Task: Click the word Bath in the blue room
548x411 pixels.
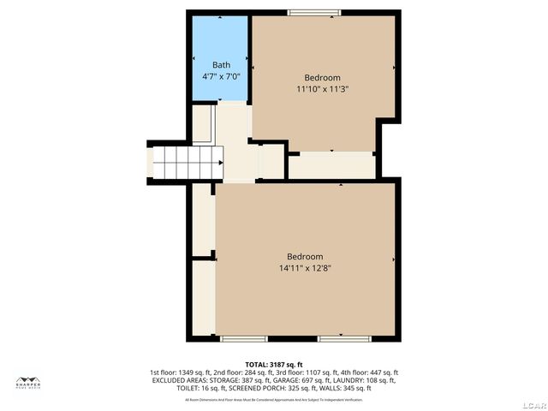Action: pyautogui.click(x=221, y=65)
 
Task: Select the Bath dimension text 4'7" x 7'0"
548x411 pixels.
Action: pyautogui.click(x=221, y=76)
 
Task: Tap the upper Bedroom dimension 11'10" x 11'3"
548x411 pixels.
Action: pyautogui.click(x=323, y=88)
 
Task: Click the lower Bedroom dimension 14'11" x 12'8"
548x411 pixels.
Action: pyautogui.click(x=305, y=268)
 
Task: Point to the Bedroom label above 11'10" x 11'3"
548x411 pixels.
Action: pyautogui.click(x=323, y=77)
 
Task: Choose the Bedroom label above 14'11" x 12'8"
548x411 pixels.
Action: pyautogui.click(x=305, y=257)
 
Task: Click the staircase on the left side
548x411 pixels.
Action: pyautogui.click(x=187, y=161)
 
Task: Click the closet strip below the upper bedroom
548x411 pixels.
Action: pyautogui.click(x=331, y=165)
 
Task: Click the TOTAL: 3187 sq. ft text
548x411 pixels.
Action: pyautogui.click(x=274, y=365)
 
